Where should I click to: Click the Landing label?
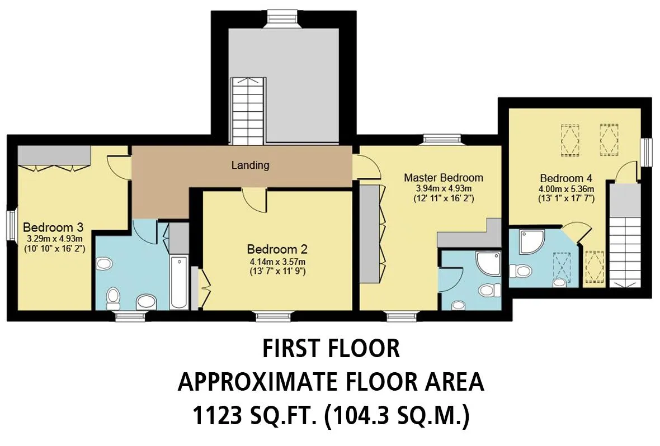[250, 165]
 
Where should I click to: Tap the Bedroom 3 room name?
[53, 227]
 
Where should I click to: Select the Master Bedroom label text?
[444, 178]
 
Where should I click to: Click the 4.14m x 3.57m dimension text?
[277, 262]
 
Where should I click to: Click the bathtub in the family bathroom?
[180, 282]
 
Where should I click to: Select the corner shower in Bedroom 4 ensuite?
[532, 241]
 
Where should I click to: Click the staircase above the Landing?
[248, 111]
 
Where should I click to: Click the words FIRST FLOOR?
[331, 348]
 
